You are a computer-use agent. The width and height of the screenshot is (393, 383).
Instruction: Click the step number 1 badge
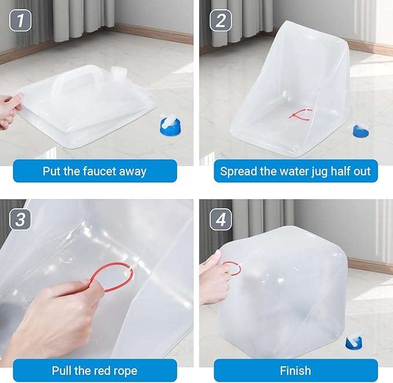pos(21,21)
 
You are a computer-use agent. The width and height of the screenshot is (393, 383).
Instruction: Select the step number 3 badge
pos(21,220)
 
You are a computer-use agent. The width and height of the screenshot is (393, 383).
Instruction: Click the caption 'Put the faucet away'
pos(94,171)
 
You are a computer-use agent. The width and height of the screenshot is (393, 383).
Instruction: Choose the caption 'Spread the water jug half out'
pos(295,171)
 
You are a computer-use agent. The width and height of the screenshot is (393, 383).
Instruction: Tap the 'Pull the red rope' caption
pos(94,370)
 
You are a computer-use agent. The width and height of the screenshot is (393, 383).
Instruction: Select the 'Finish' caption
pos(295,370)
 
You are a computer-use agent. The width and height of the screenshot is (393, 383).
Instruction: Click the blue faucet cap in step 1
pos(171,124)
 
